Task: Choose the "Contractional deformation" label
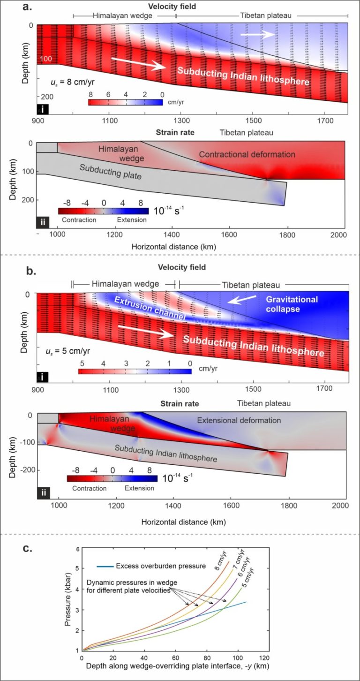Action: pos(247,154)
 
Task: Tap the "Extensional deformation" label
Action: pos(239,420)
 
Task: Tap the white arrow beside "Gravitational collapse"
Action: pos(242,300)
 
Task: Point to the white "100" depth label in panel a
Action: pos(45,59)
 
